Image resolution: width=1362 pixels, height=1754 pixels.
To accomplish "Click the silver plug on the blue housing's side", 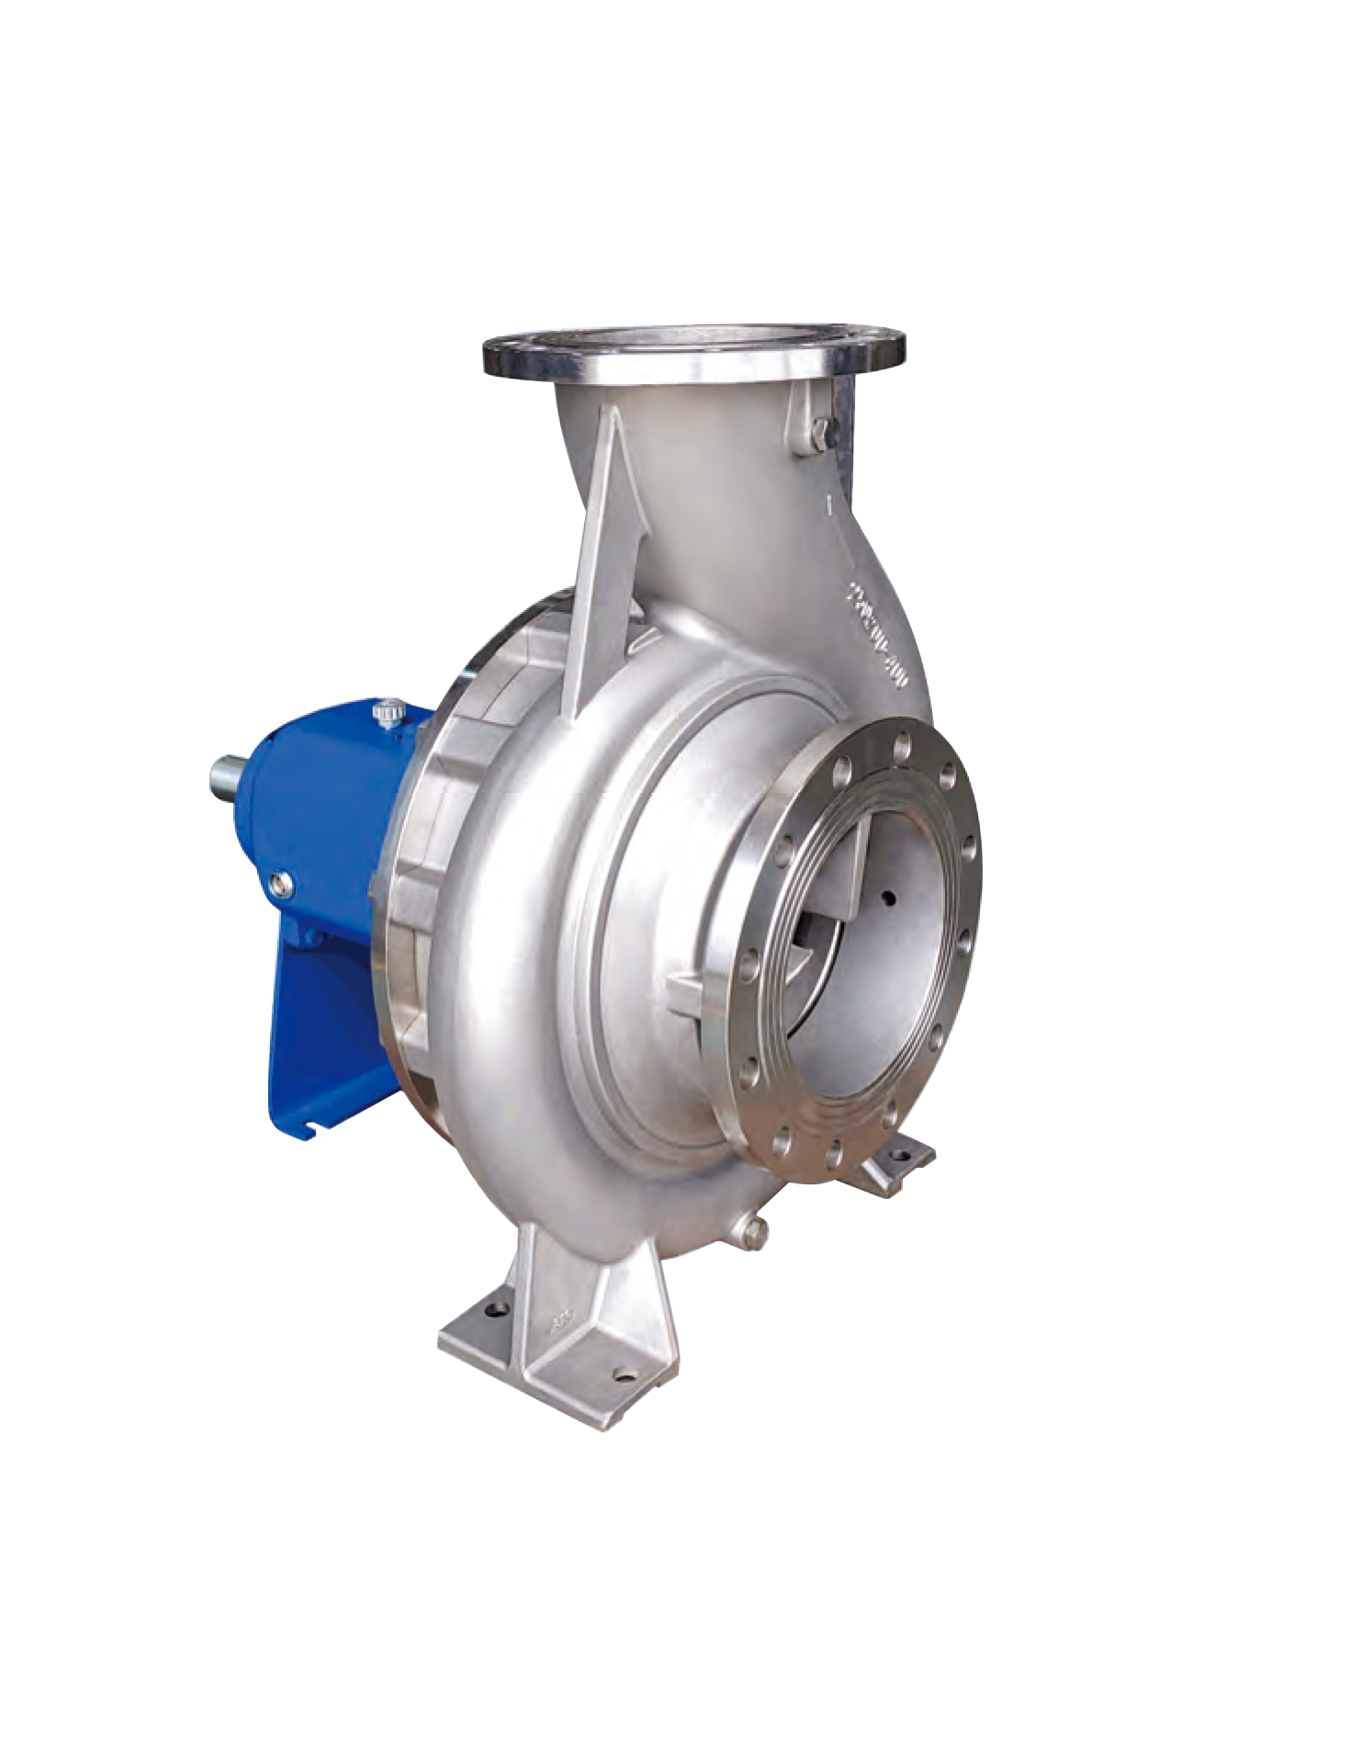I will click(x=281, y=884).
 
